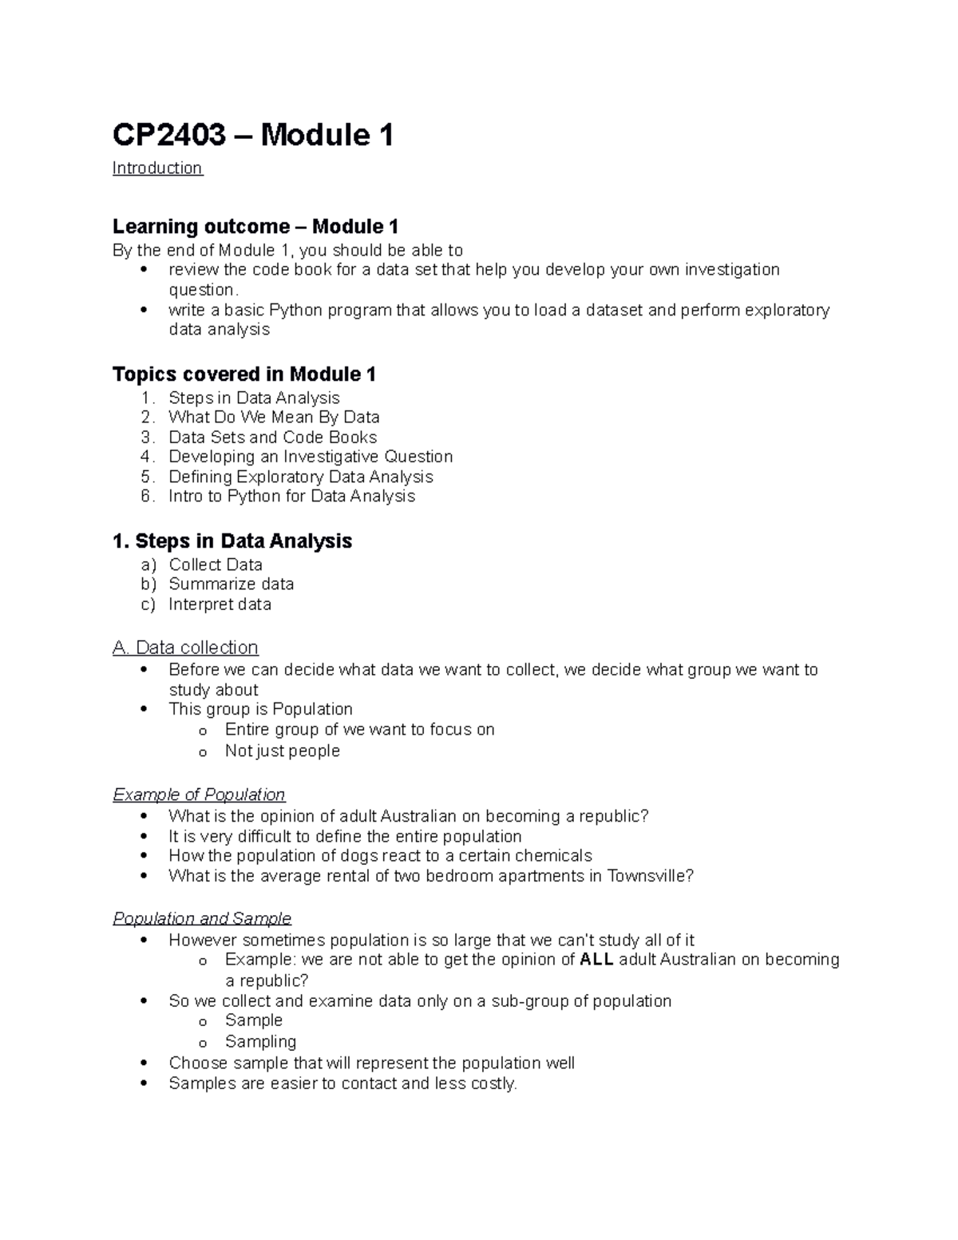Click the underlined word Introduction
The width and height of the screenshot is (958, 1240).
pos(157,168)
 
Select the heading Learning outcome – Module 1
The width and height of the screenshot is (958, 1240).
pos(255,227)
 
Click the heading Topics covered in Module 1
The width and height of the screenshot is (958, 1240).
pos(244,374)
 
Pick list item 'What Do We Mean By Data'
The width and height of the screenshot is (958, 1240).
pos(274,418)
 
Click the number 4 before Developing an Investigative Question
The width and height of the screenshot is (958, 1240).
pos(145,457)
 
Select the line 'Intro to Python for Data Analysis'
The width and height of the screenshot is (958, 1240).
pos(291,497)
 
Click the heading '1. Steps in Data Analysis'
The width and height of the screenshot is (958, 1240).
pos(232,541)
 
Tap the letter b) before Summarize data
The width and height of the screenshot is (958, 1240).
pos(148,584)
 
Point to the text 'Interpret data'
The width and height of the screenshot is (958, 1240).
pos(220,604)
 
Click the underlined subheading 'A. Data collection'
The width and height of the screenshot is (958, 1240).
pos(185,648)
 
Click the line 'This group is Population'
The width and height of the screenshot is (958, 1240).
pos(260,710)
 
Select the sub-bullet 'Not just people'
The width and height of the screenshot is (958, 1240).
pos(282,751)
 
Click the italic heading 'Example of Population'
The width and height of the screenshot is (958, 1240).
pos(199,795)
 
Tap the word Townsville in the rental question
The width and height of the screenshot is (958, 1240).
pos(646,876)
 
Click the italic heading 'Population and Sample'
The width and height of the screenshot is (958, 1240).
pos(202,919)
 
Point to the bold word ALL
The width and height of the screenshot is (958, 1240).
pos(596,960)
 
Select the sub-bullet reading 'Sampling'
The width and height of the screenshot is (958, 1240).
pos(260,1042)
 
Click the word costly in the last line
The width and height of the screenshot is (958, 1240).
pos(492,1084)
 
